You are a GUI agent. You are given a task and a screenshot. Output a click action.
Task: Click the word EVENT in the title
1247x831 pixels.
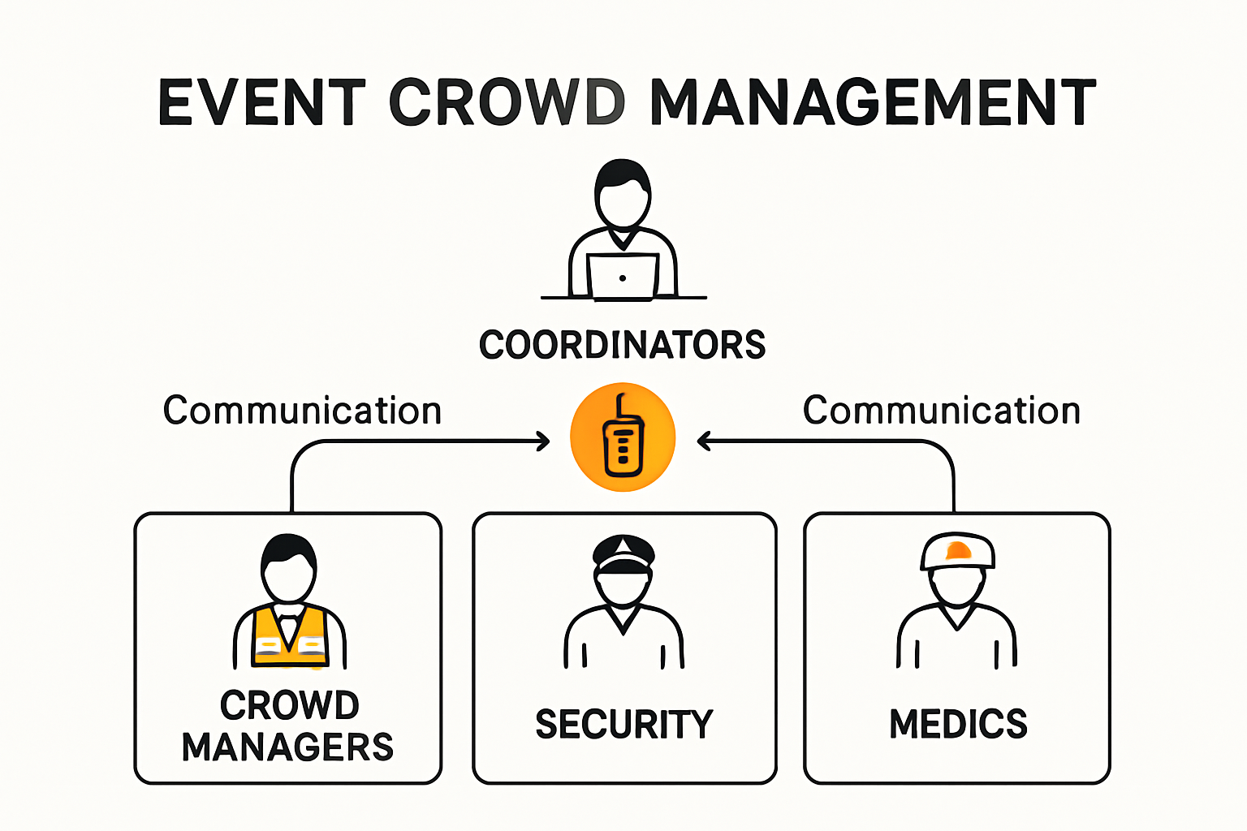(x=261, y=103)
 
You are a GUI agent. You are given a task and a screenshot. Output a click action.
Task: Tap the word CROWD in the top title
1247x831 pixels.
(x=507, y=103)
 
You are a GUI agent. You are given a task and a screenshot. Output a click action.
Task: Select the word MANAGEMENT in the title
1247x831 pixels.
(x=874, y=103)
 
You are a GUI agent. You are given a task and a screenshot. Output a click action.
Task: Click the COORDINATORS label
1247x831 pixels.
(x=622, y=345)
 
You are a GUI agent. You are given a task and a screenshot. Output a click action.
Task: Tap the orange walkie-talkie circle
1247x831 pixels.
(x=623, y=437)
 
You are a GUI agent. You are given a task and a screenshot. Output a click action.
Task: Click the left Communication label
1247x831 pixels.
(x=302, y=411)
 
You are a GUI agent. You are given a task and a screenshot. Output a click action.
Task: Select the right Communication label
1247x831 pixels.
(x=942, y=411)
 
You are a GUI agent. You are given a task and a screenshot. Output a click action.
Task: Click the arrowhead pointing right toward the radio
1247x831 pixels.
(x=544, y=441)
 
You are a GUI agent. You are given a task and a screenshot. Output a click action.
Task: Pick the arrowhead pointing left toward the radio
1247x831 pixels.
(x=703, y=441)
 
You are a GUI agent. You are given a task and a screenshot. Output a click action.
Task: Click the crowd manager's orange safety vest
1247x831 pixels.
(x=290, y=637)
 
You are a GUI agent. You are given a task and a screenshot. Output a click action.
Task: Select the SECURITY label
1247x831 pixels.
(x=623, y=724)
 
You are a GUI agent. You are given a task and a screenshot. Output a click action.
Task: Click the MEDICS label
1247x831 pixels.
(x=958, y=724)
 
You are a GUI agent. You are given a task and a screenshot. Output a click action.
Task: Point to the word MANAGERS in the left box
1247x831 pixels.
(x=287, y=747)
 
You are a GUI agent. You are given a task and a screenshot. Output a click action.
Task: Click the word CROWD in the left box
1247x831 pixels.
(x=289, y=705)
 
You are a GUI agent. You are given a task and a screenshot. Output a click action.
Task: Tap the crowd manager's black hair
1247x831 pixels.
(x=288, y=548)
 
